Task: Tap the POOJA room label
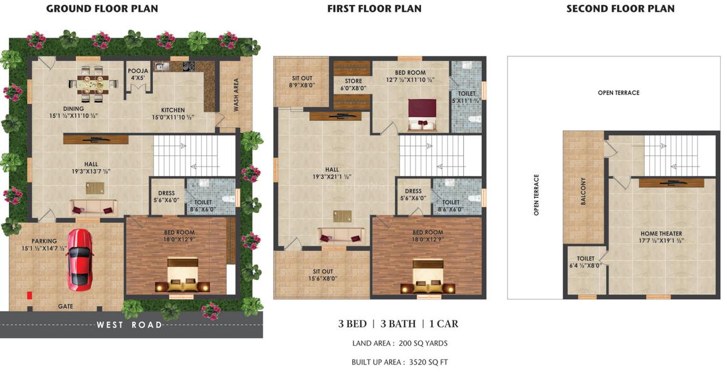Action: (x=138, y=71)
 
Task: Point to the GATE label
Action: (x=66, y=306)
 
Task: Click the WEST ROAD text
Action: (x=130, y=325)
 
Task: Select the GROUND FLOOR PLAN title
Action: (x=102, y=9)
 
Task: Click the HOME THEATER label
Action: (x=661, y=234)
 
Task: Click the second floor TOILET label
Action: (x=585, y=258)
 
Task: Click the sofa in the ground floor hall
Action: (x=92, y=206)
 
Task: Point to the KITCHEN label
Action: (x=172, y=110)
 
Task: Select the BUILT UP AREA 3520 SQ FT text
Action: (x=399, y=362)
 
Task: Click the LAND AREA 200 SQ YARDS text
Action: (x=399, y=343)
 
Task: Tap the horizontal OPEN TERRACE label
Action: (x=618, y=93)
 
